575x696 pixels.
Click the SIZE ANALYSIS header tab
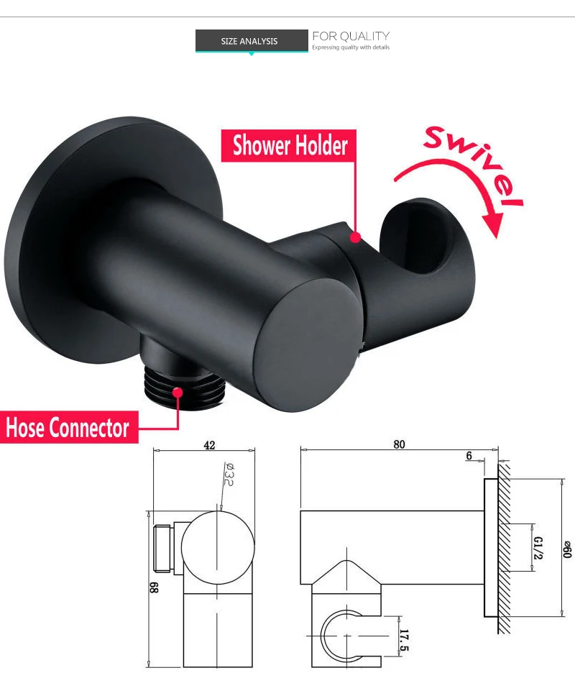coord(249,41)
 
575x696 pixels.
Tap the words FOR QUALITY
coord(351,36)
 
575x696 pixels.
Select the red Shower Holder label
coord(290,145)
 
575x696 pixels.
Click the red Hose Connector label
coord(68,428)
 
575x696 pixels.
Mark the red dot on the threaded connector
coord(178,393)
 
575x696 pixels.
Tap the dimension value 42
coord(209,446)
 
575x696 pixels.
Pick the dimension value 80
coord(399,444)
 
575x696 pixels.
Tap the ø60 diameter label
coord(568,547)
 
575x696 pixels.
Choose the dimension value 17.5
coord(404,641)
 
